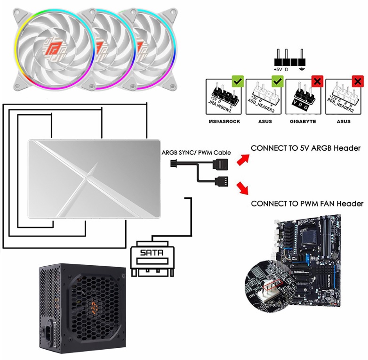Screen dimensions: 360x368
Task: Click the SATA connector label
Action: click(152, 253)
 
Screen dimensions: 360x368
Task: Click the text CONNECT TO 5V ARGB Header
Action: click(305, 148)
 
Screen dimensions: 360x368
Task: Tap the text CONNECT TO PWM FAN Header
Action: click(307, 204)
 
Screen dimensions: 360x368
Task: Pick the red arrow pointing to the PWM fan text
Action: click(242, 188)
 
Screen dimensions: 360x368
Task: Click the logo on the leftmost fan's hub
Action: click(53, 47)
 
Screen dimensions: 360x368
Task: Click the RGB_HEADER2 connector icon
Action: click(344, 97)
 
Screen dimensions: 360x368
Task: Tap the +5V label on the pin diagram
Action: click(278, 69)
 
